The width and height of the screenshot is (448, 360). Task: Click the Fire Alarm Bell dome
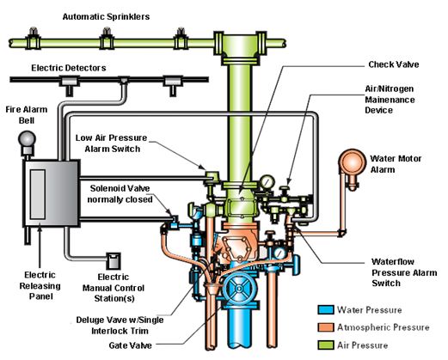[27, 139]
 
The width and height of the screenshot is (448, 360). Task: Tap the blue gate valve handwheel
[239, 288]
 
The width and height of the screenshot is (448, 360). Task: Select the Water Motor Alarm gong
[353, 162]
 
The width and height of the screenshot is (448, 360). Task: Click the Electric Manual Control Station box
[114, 260]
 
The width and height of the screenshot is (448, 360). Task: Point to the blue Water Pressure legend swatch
[326, 310]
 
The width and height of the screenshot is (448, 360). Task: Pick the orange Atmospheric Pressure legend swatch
[326, 327]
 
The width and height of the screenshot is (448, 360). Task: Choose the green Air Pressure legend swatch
[326, 345]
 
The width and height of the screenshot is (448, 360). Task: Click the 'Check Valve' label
[394, 64]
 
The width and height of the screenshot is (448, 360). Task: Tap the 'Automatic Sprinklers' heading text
[106, 16]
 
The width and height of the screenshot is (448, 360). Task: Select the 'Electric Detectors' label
[69, 68]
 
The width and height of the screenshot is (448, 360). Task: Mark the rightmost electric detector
[173, 85]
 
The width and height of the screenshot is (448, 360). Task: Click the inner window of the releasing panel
[38, 194]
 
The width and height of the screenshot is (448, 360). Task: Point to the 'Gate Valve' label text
[130, 345]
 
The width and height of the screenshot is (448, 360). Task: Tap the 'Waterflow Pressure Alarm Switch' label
[404, 272]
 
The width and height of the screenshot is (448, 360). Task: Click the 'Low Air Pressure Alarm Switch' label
[112, 143]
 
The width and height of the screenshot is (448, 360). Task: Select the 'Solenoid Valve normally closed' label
[120, 194]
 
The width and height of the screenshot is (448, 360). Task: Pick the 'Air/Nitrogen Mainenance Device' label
[390, 100]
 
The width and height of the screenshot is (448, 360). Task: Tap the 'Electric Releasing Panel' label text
[40, 285]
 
